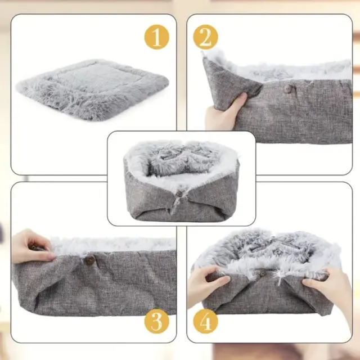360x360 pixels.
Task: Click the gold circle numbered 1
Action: point(156,37)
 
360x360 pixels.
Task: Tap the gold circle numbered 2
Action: point(205,37)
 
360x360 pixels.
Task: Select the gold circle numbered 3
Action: point(156,321)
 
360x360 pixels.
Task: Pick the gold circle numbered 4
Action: point(205,321)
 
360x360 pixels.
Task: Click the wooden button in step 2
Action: point(288,89)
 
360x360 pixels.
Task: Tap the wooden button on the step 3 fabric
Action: point(90,260)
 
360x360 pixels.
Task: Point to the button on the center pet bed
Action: point(179,194)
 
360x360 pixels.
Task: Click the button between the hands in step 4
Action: point(263,273)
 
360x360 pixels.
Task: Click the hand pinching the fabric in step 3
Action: point(31,246)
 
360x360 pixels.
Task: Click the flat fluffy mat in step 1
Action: point(92,89)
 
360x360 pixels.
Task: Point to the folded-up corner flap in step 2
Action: point(229,83)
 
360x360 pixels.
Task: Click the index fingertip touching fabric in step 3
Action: point(52,254)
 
